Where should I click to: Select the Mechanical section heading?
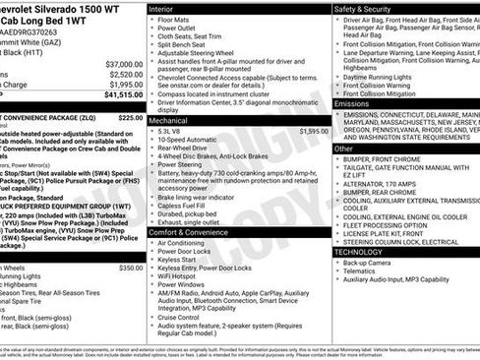point(168,120)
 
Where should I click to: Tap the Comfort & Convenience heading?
point(187,232)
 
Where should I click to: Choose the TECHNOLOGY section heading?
point(358,252)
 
